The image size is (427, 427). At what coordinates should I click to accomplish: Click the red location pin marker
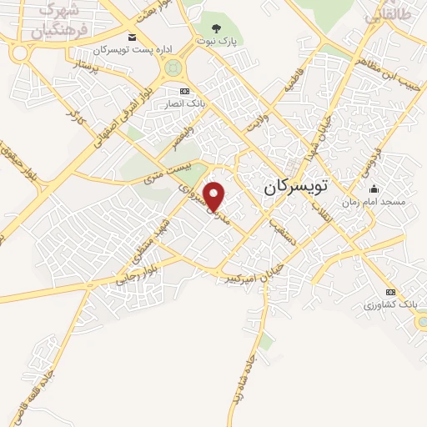click(x=215, y=196)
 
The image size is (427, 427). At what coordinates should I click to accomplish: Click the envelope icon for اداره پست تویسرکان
click(x=133, y=38)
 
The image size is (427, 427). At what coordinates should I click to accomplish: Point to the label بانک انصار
click(x=194, y=103)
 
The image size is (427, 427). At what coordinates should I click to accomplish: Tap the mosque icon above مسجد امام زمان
click(x=374, y=188)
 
